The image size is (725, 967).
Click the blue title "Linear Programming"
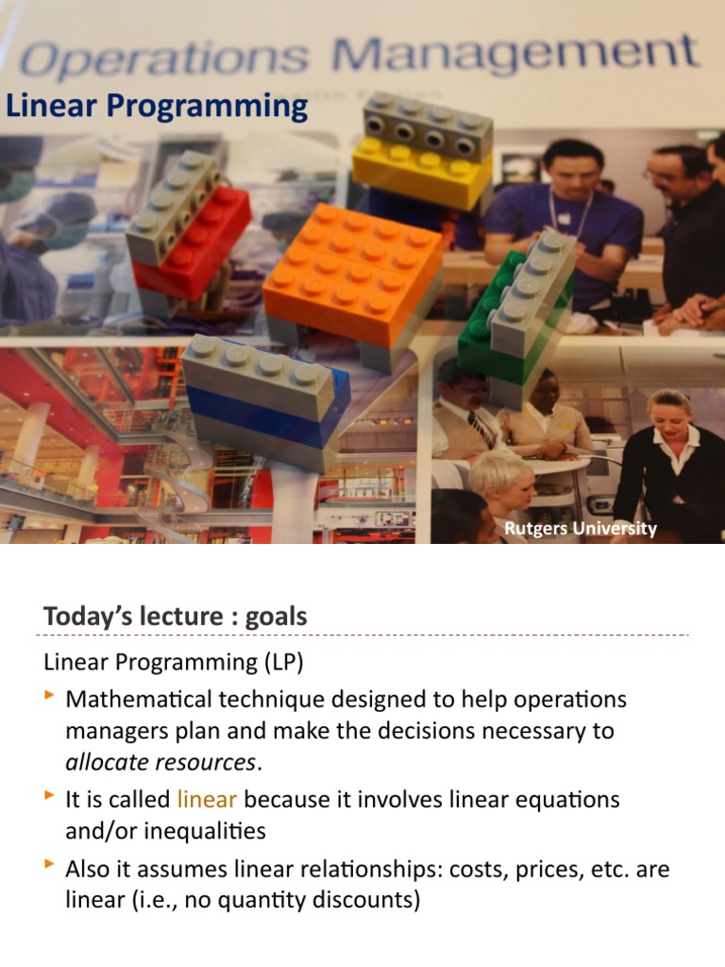coord(157,106)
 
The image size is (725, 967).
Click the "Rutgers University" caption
coord(580,528)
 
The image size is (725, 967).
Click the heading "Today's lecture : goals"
coord(175,617)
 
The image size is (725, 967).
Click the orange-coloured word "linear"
coord(206,799)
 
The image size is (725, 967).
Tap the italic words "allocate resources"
coord(160,762)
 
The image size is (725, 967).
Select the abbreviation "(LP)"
coord(282,663)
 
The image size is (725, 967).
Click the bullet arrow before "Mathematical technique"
coord(50,697)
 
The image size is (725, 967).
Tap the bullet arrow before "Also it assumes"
coord(50,865)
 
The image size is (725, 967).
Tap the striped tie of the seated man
coord(481,430)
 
